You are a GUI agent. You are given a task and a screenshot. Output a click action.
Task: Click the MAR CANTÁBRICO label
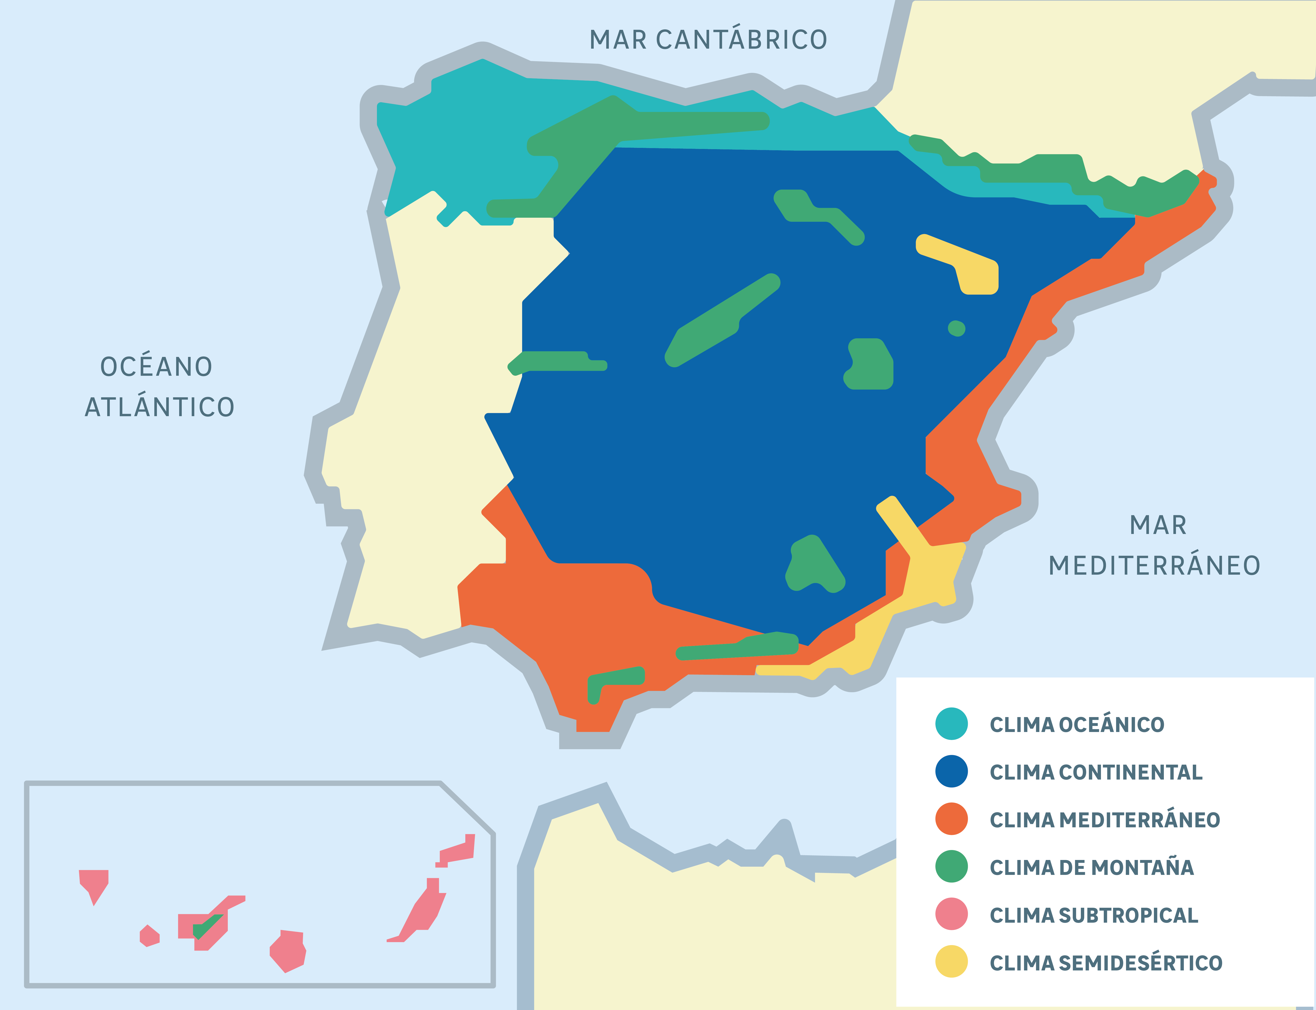pos(708,40)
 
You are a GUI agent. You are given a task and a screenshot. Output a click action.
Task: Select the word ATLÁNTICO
pos(159,407)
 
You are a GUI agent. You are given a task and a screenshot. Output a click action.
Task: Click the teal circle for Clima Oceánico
pos(951,724)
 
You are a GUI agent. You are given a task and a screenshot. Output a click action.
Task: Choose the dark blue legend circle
pos(951,771)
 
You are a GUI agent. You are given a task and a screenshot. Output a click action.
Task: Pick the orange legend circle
pos(951,819)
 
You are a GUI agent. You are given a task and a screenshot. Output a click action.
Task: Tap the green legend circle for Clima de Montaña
pos(951,866)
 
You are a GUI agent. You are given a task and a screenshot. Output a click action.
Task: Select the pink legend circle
pos(951,914)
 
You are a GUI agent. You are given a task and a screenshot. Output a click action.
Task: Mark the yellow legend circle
pos(951,961)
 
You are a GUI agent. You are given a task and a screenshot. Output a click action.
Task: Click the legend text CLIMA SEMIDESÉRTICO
pos(1106,962)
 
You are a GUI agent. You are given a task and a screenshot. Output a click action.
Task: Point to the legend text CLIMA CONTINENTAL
pos(1096,772)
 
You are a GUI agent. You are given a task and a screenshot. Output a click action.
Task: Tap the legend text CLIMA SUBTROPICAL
pos(1094,915)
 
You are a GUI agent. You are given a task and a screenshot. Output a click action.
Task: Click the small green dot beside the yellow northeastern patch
pos(956,328)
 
